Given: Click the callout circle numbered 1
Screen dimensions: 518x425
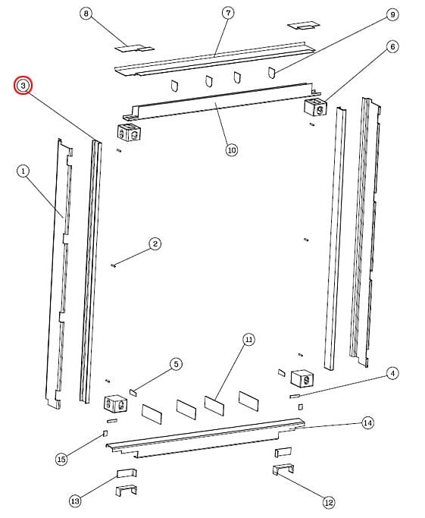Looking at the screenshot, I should pos(23,171).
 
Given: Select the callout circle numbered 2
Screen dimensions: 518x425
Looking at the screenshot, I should pos(155,243).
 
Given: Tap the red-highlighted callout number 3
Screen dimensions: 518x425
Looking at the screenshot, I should pos(24,86).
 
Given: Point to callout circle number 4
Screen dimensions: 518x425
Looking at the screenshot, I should pos(392,372).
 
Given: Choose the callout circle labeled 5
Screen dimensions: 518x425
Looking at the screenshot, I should pos(176,364).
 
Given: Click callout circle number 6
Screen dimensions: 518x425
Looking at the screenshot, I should pos(392,46).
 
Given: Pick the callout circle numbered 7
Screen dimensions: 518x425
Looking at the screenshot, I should pos(228,14).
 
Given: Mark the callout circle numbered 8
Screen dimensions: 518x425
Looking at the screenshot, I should pos(86,14).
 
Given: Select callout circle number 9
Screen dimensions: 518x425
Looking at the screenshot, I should pos(392,14).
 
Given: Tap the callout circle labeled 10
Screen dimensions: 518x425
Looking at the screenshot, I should pos(232,149).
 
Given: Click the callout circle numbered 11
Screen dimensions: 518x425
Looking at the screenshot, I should pos(248,340).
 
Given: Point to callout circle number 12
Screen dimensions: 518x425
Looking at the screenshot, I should pos(328,501).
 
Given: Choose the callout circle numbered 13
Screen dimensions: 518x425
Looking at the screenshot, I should pos(75,501).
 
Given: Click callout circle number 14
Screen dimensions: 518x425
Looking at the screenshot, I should pos(367,422).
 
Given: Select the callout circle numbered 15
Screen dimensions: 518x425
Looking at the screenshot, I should pos(62,458).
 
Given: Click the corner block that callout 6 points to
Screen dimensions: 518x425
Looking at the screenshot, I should pos(314,108).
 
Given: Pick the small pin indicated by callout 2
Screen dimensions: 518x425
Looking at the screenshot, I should pos(112,265).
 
